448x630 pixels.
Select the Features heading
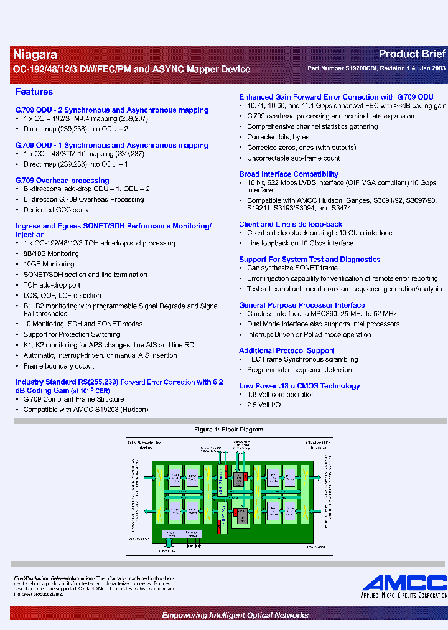point(34,92)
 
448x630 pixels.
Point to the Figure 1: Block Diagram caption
point(228,430)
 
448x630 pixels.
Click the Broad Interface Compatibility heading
point(289,174)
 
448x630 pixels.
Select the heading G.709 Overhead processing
point(62,181)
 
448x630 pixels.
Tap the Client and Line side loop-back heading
point(291,224)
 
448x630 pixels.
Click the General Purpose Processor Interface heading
point(302,305)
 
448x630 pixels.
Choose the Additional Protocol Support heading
point(287,350)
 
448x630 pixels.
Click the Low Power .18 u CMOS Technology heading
point(299,386)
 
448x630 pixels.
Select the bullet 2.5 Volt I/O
point(264,405)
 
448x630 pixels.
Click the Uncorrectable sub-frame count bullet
point(293,158)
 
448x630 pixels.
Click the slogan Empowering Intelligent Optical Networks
point(235,615)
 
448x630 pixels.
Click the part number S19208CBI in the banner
point(363,69)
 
